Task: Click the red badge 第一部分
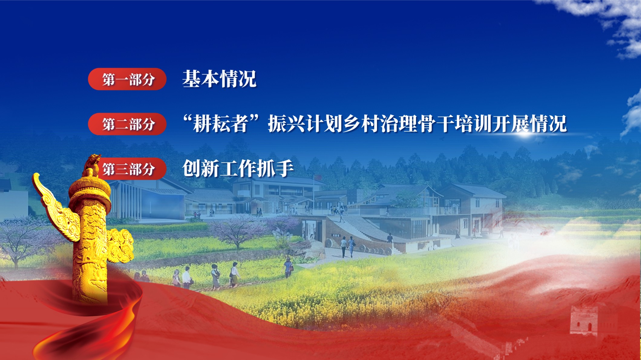127,79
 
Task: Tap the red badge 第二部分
127,124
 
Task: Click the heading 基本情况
219,79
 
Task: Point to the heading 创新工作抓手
238,168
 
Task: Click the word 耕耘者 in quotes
221,124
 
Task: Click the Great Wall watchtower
584,321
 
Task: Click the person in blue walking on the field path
288,268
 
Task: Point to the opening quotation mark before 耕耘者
188,118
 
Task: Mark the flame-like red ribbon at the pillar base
91,320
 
